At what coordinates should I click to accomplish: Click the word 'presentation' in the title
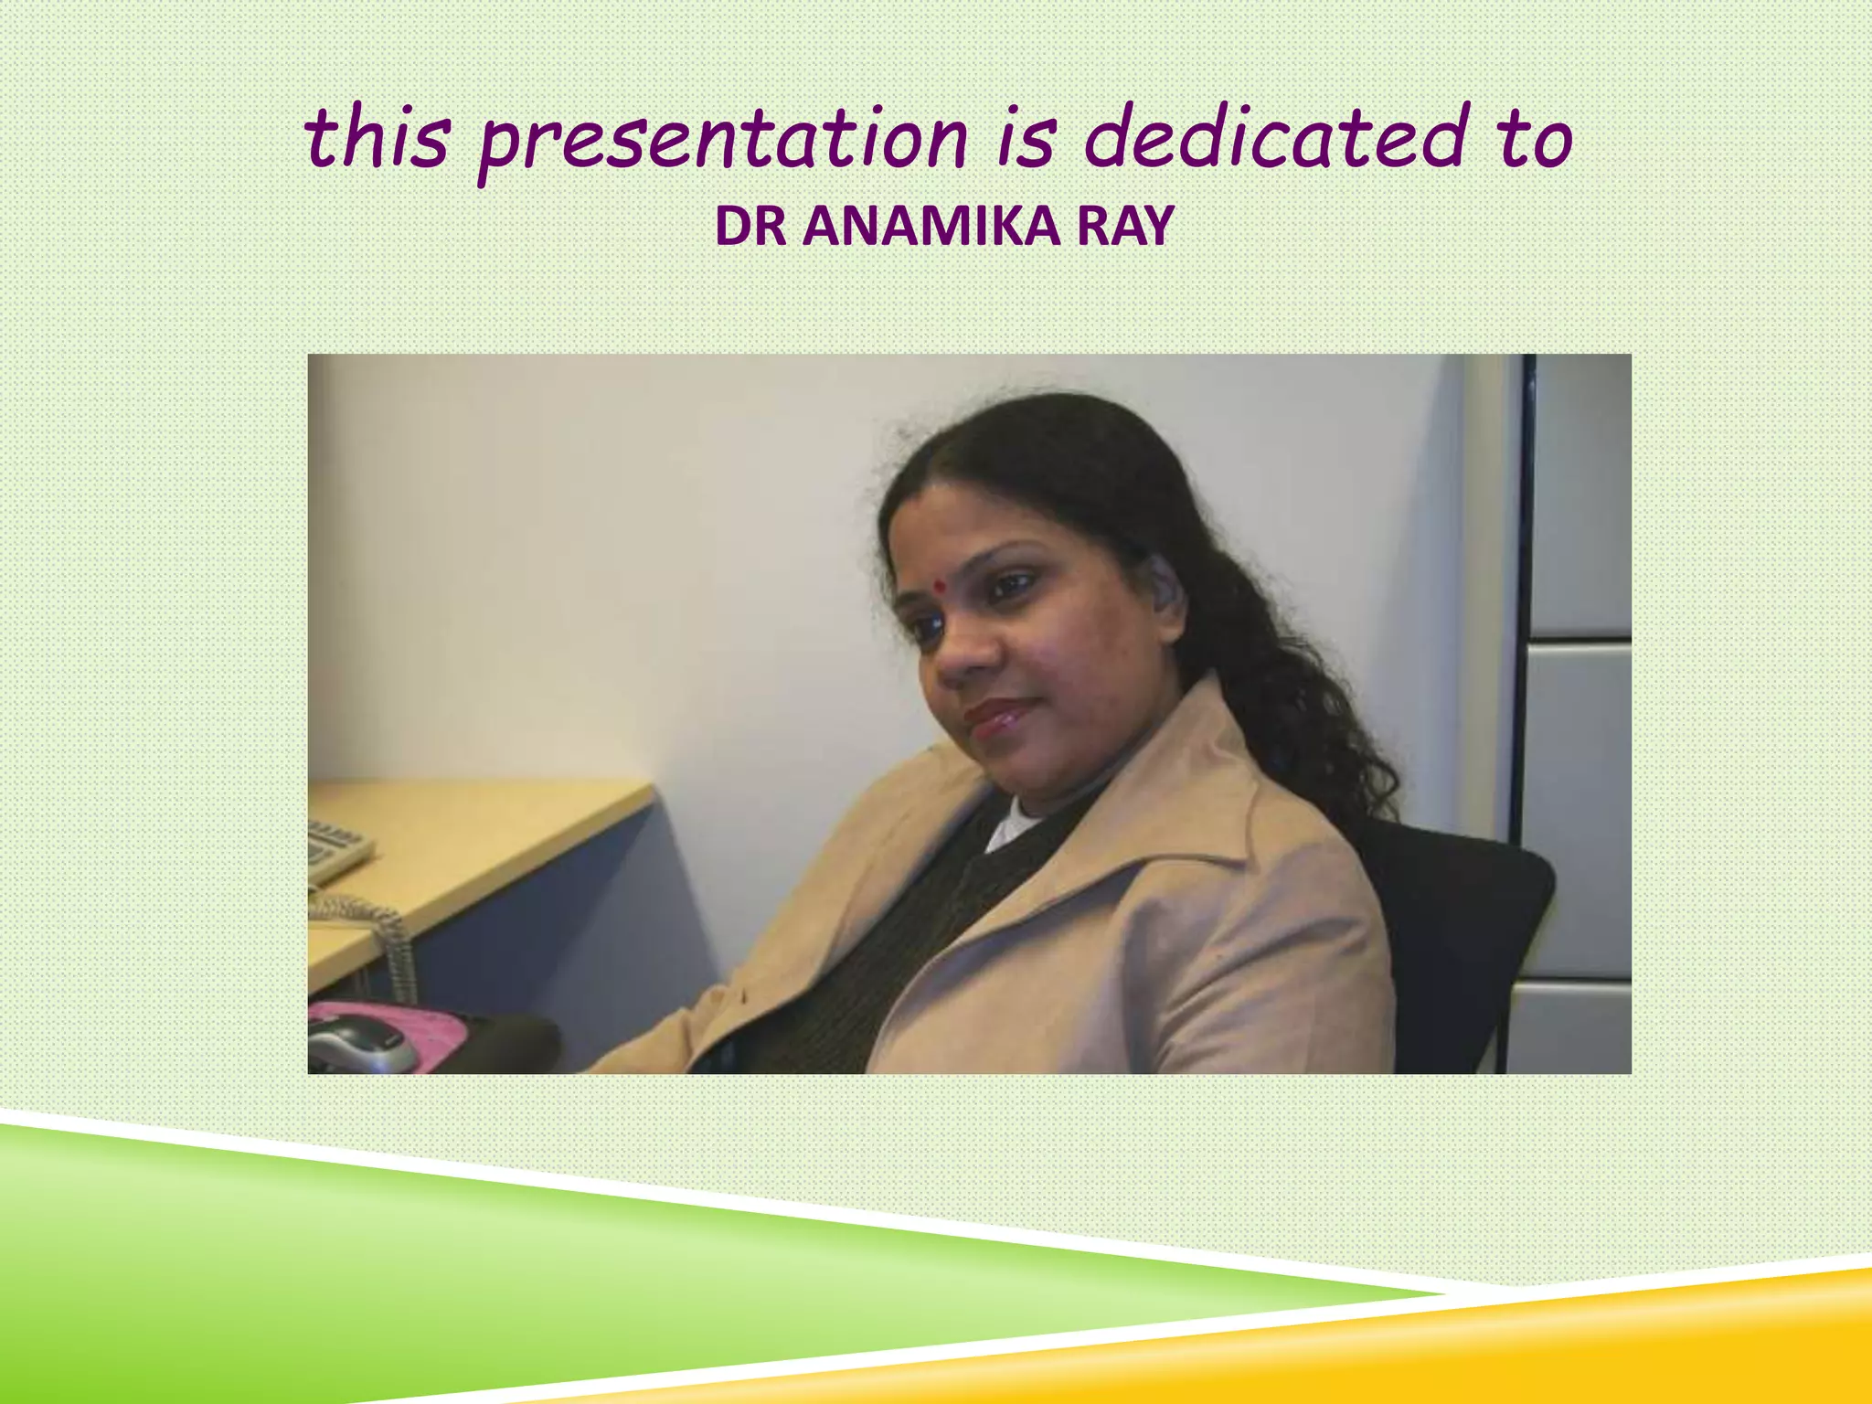click(x=722, y=142)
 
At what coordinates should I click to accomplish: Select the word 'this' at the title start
click(x=377, y=139)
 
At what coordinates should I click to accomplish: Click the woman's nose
click(x=960, y=654)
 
